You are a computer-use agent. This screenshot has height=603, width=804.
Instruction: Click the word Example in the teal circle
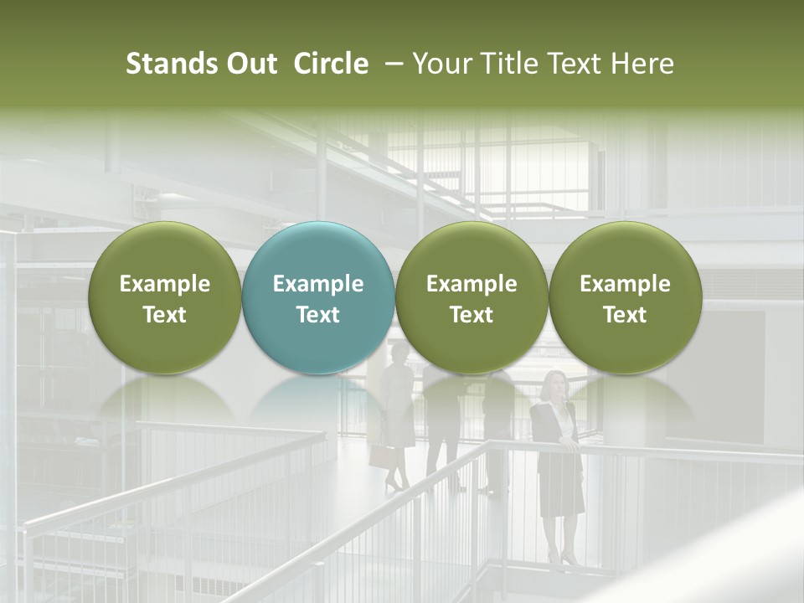tap(318, 284)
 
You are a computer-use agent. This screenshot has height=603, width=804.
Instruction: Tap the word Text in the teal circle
tap(318, 315)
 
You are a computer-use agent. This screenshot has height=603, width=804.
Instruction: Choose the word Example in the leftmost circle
tap(165, 284)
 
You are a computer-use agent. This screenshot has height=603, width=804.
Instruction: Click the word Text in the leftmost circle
tap(165, 315)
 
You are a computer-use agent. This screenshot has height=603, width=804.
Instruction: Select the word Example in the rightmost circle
tap(625, 284)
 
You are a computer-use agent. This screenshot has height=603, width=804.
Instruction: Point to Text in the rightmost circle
tap(625, 315)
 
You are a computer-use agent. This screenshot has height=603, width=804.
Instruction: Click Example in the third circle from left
tap(472, 284)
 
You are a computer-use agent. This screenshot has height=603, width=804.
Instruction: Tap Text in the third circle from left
tap(472, 315)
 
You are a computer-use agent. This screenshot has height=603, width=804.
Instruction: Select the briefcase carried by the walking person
tap(382, 456)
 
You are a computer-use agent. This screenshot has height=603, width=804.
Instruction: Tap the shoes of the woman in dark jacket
tap(561, 558)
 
